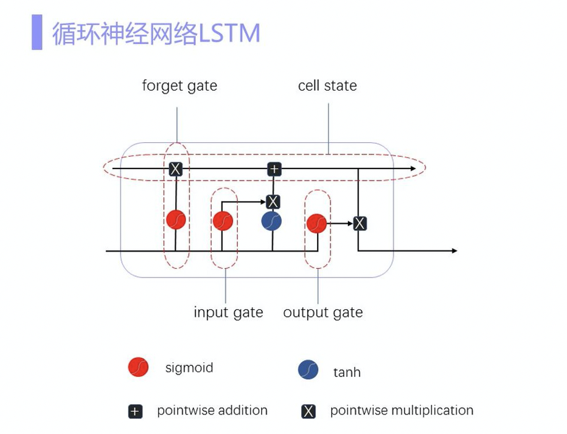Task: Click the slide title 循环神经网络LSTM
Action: coord(156,33)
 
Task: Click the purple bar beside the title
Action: coord(37,33)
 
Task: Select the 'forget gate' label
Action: coord(179,86)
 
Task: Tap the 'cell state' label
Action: coord(327,86)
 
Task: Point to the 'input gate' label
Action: coord(228,312)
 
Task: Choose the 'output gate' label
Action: coord(322,312)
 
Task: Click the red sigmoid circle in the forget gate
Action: coord(176,219)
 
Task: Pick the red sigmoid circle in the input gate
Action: coord(223,220)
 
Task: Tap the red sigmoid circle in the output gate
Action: coord(316,223)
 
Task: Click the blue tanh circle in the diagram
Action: coord(271,220)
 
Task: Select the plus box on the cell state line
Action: coord(274,169)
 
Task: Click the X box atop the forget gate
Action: coord(175,169)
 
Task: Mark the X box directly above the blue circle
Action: coord(273,202)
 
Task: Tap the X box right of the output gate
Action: coord(360,223)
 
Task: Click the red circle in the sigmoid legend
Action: coord(138,367)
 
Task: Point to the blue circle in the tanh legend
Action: coord(308,370)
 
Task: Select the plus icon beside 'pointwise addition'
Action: coord(135,412)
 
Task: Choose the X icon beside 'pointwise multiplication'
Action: coord(308,412)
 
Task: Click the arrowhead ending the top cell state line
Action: coord(413,168)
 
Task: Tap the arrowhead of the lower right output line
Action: coord(453,250)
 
